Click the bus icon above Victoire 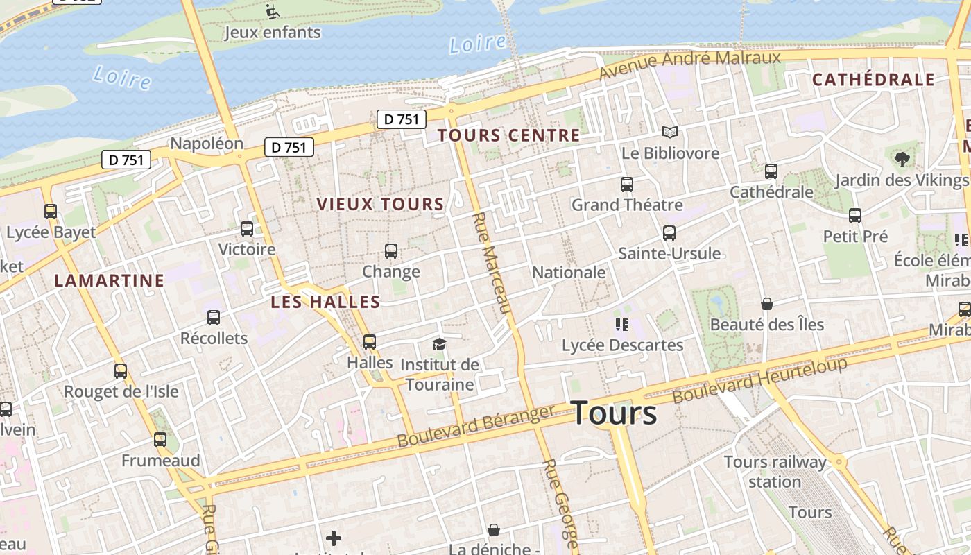point(246,229)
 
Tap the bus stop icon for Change point(391,251)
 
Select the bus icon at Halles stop point(370,342)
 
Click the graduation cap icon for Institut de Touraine point(439,344)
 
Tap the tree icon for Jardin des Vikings point(902,160)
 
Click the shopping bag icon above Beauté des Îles point(766,304)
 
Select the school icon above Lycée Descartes point(621,324)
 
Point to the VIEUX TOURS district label point(380,204)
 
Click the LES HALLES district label point(325,302)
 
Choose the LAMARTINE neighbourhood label point(110,280)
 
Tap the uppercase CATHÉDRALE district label point(873,80)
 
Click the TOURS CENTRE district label point(508,135)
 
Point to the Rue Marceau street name point(491,263)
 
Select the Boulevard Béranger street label point(476,426)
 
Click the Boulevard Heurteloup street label point(759,380)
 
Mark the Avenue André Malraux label point(690,65)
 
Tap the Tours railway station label point(775,472)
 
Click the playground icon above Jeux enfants point(273,12)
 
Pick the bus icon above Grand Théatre point(627,185)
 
